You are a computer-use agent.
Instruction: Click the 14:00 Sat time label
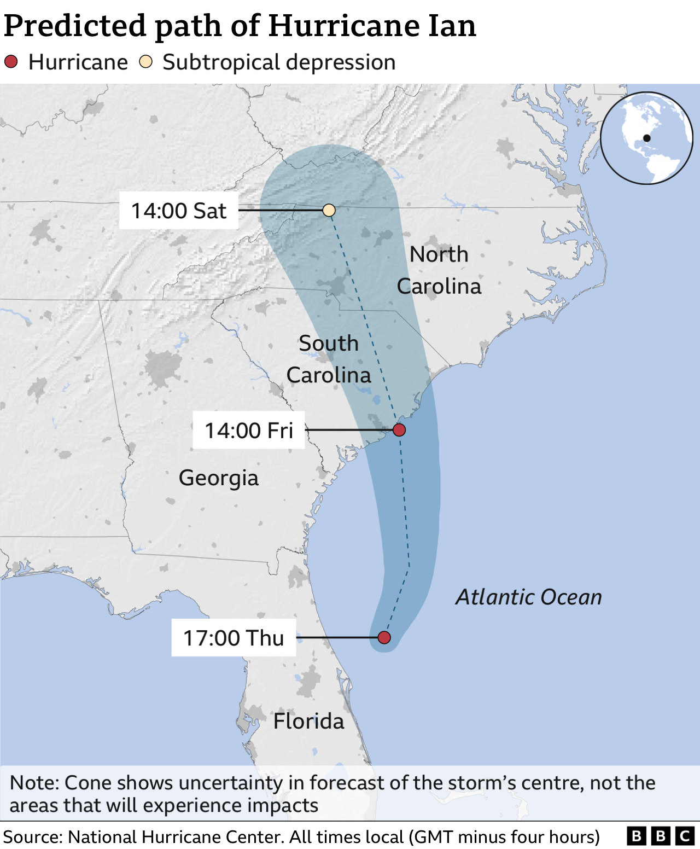click(179, 211)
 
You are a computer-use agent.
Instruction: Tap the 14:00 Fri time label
click(249, 431)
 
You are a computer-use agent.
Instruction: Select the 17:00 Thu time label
click(234, 638)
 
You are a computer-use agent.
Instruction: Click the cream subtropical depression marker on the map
click(329, 210)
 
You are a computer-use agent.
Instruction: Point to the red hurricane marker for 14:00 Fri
click(399, 430)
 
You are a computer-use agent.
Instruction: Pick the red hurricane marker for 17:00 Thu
click(384, 637)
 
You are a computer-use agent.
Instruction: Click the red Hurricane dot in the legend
click(11, 62)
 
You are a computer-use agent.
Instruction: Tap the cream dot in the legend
click(145, 62)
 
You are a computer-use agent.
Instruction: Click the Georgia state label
click(219, 478)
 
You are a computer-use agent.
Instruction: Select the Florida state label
click(308, 721)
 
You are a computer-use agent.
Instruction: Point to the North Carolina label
click(439, 270)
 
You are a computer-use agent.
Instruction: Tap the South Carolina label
click(329, 359)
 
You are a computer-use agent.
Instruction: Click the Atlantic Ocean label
click(529, 597)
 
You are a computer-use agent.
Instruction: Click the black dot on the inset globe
click(647, 138)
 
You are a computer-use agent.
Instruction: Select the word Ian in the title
click(452, 26)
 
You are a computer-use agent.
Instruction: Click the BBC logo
click(661, 836)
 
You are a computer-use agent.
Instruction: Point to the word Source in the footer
click(33, 837)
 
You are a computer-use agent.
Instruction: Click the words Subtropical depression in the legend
click(279, 62)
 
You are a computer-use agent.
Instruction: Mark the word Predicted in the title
click(75, 26)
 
